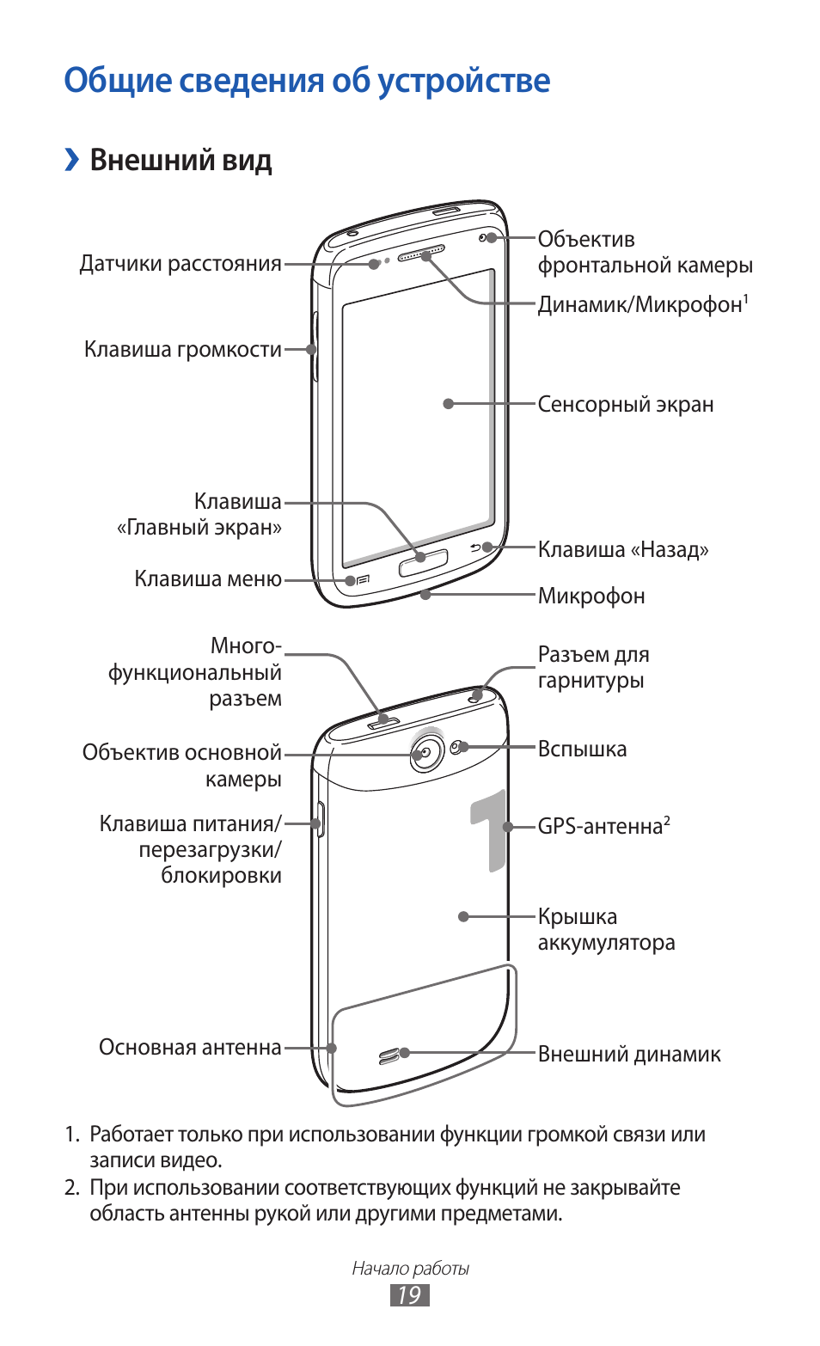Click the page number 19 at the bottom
pos(409,1295)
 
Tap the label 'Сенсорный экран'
pos(625,405)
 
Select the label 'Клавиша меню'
pos(208,579)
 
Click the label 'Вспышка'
pos(582,749)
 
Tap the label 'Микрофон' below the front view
pos(591,597)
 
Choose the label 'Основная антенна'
pos(190,1048)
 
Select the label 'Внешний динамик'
pos(629,1055)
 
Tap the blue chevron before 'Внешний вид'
pos(72,160)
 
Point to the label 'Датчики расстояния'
pos(181,264)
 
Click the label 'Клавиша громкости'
pos(182,350)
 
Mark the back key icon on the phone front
pos(475,548)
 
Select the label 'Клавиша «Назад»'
pos(623,550)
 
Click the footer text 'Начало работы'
pos(410,1268)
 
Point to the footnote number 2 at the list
pos(71,1188)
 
